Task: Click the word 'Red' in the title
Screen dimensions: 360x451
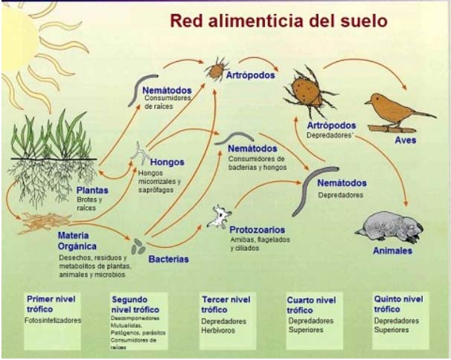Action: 190,20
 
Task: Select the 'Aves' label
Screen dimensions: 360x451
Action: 406,140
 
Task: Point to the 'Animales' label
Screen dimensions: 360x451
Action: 392,251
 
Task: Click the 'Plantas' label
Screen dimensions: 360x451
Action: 92,190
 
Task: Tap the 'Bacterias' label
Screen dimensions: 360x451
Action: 168,259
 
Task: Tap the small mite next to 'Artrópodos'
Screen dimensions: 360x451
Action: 216,69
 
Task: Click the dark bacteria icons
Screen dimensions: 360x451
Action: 138,247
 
